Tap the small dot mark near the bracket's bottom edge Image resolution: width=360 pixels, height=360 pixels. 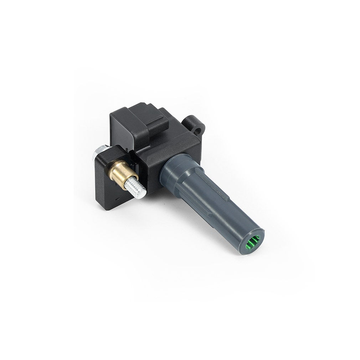[118, 196]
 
